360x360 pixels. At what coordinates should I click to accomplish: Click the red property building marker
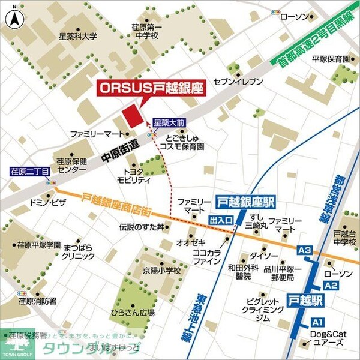[x=132, y=115]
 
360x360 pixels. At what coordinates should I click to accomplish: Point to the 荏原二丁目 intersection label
[x=29, y=172]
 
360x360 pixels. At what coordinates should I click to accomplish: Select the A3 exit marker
[x=305, y=250]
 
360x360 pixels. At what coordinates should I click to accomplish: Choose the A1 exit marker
[x=317, y=322]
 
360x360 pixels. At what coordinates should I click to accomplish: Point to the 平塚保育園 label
[x=331, y=59]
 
